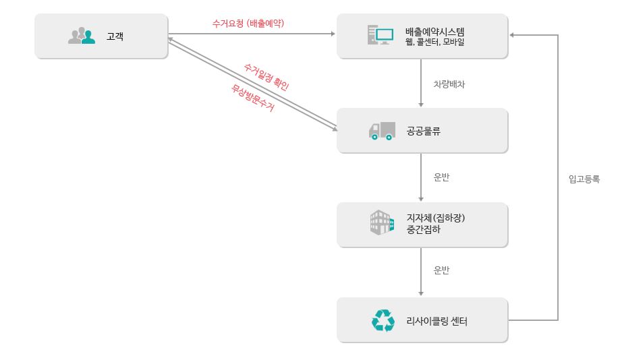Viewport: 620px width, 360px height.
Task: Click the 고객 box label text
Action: tap(115, 36)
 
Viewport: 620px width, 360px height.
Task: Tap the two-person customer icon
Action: tap(82, 36)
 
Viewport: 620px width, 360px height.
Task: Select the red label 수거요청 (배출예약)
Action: tap(248, 23)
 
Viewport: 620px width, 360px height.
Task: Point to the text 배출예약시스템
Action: tap(435, 31)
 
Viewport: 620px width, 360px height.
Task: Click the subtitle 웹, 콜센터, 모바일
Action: tap(435, 42)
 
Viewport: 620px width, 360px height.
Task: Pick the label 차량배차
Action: tap(449, 85)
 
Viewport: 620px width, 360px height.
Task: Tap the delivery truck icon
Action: tap(382, 131)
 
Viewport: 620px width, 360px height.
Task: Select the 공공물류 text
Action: tap(423, 131)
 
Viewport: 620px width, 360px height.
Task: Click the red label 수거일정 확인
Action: tap(266, 76)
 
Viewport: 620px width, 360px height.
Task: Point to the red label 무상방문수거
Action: tap(253, 98)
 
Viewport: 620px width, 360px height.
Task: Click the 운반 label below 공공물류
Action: tap(441, 177)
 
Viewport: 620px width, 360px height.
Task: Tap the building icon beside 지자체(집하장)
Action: tap(382, 222)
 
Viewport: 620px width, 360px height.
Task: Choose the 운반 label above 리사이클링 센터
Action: tap(441, 270)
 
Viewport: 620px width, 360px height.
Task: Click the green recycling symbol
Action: tap(383, 320)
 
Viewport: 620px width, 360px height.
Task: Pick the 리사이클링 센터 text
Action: tap(437, 321)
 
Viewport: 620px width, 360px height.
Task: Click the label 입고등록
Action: tap(584, 179)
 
